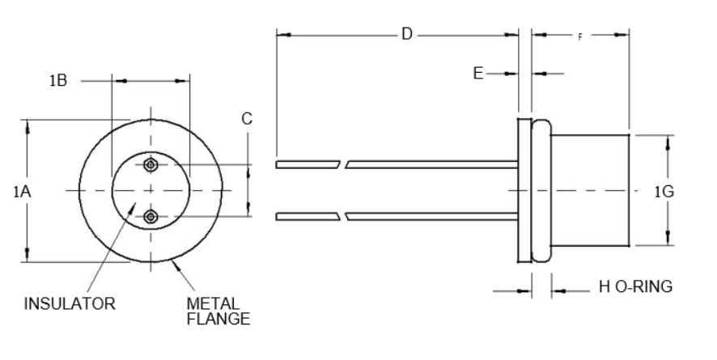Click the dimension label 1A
[22, 192]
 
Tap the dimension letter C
[247, 119]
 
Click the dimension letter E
[478, 74]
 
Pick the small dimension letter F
[579, 36]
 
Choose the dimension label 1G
[664, 192]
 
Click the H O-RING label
[635, 287]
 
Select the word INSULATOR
[70, 305]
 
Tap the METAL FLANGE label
[218, 311]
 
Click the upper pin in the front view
[150, 165]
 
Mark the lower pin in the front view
[150, 216]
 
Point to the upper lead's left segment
[308, 165]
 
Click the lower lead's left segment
[308, 217]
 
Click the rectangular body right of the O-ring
[591, 192]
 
